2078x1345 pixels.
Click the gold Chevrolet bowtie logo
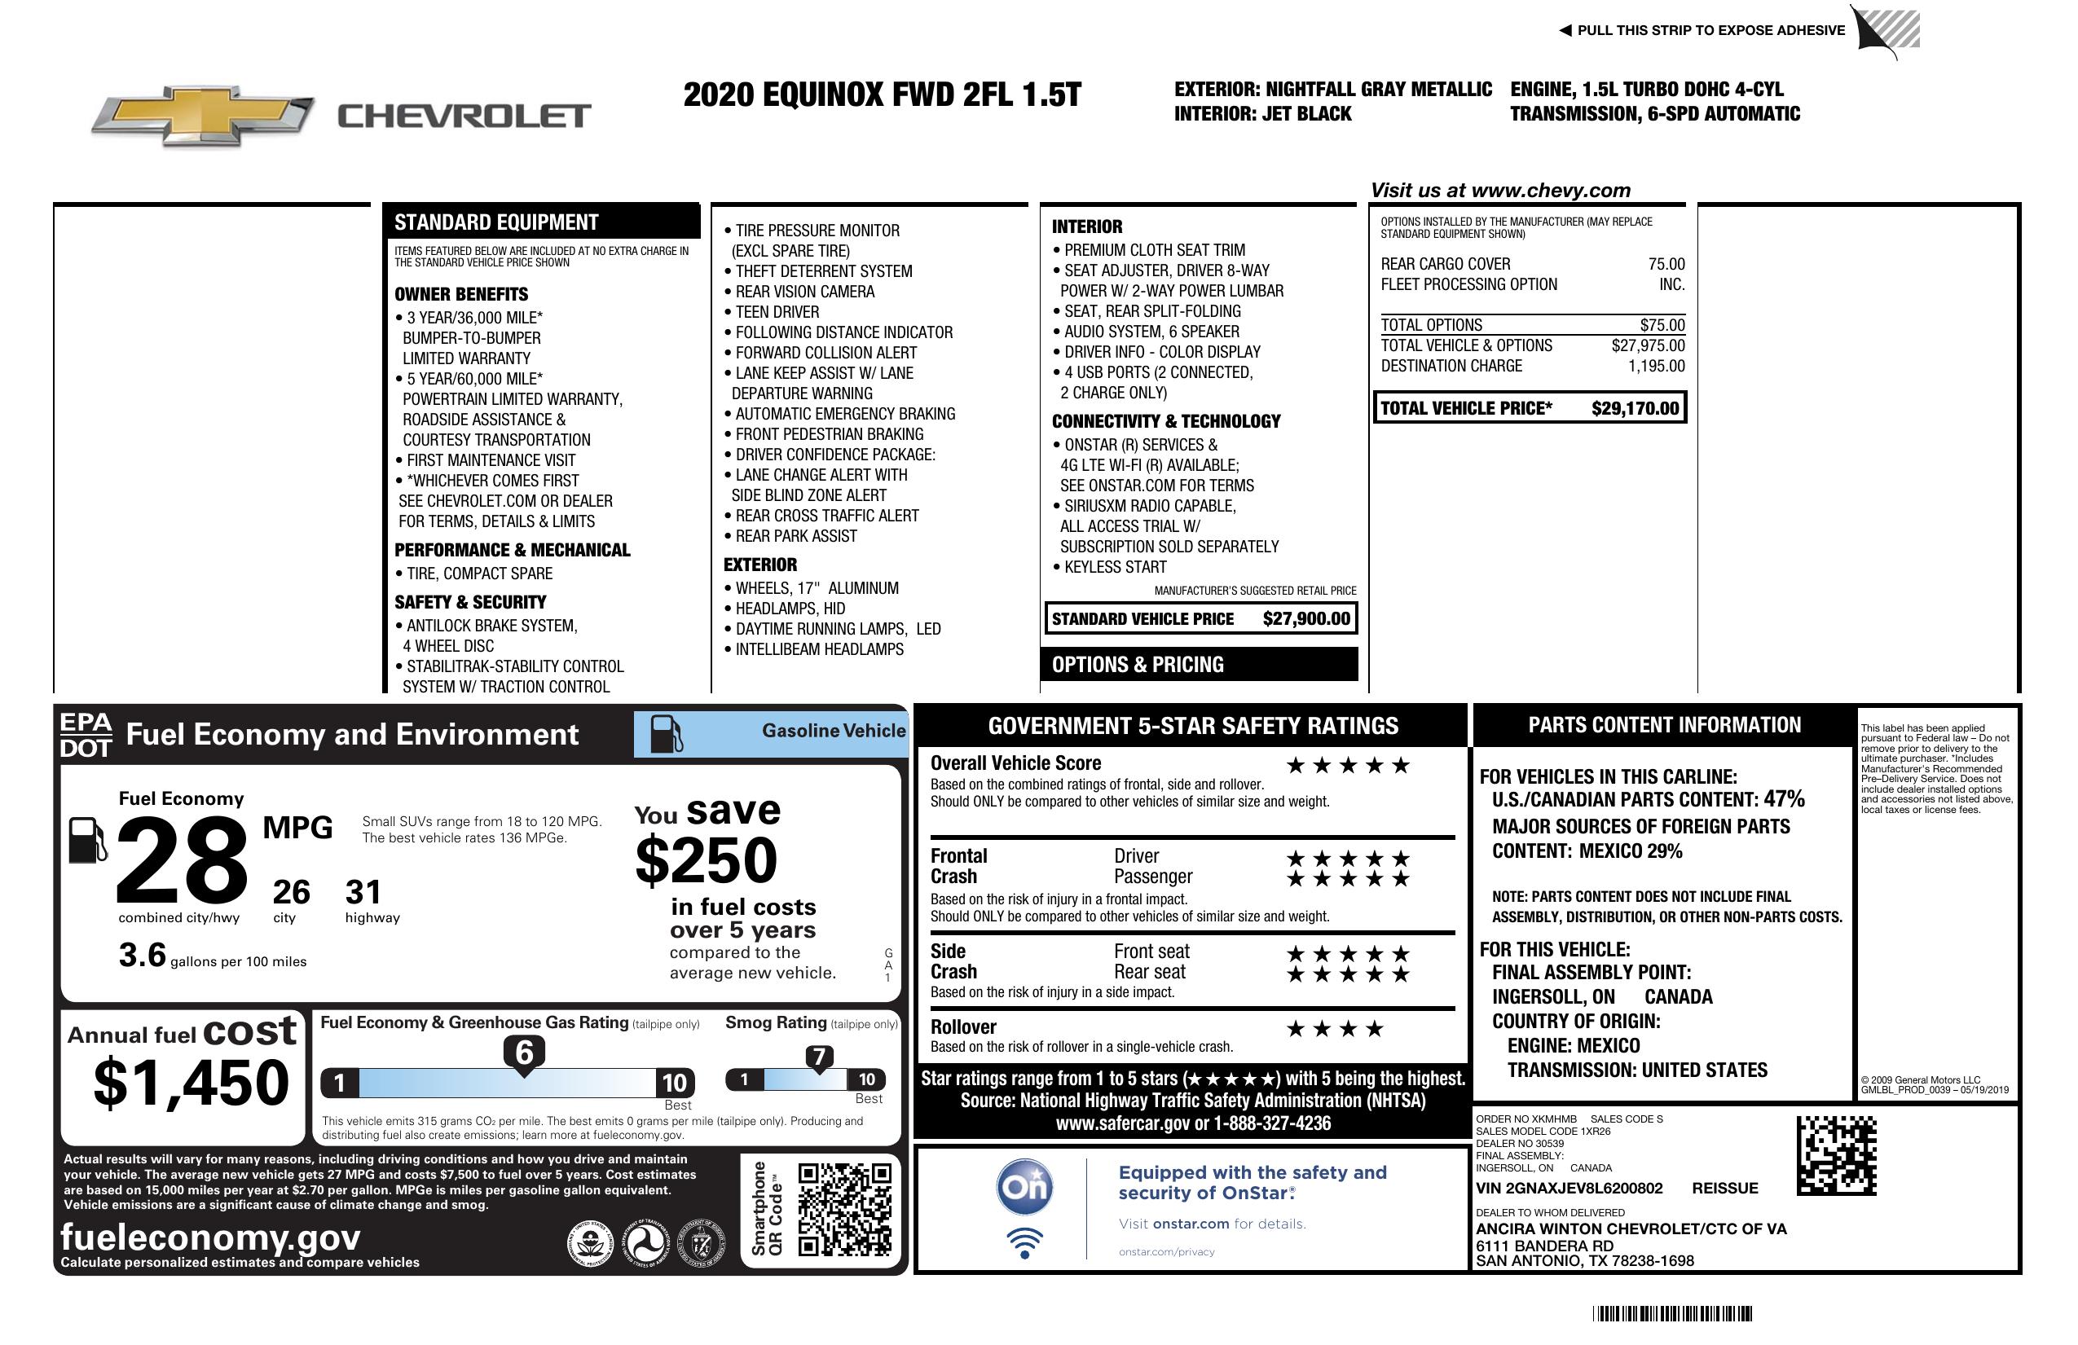203,115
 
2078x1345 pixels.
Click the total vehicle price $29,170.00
1634,408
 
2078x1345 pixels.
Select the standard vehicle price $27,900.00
1305,619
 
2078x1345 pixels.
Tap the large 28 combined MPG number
182,859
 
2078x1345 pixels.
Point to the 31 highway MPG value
363,892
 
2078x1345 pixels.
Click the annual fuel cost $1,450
191,1083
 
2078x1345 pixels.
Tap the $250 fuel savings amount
706,860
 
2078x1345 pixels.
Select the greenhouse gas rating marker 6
524,1053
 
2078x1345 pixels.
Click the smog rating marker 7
819,1057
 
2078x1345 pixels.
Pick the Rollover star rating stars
1334,1029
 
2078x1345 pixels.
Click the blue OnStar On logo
1024,1187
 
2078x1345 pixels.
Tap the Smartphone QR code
844,1209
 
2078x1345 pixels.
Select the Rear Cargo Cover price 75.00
1666,265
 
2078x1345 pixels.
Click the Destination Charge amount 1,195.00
1655,367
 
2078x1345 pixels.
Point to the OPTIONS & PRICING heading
1137,665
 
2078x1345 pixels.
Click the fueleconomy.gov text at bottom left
209,1237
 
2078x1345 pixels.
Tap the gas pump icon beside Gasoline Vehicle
667,734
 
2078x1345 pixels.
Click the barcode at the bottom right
1672,1313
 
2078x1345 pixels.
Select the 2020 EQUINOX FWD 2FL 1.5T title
882,95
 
